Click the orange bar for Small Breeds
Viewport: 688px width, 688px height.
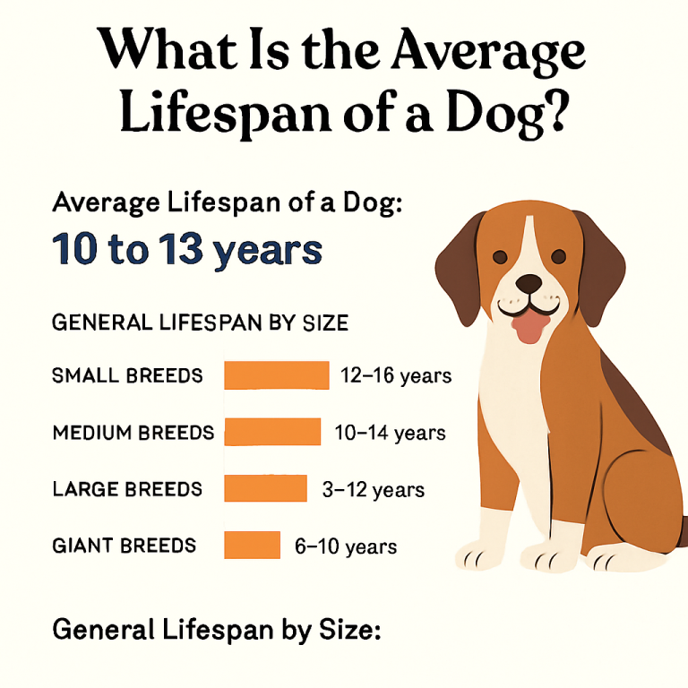tap(276, 374)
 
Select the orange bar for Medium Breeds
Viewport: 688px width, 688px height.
tap(271, 432)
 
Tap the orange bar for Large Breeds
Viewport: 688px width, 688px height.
tap(265, 488)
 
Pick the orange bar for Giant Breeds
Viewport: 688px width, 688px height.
tap(252, 545)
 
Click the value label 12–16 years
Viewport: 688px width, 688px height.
tap(396, 375)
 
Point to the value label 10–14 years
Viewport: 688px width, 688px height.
tap(390, 433)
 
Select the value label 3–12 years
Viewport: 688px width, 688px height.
tap(373, 489)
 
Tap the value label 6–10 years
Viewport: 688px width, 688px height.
tap(346, 546)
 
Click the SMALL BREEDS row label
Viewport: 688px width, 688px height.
tap(128, 375)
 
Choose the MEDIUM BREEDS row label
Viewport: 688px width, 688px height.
tap(133, 433)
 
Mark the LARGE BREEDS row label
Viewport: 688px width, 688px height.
tap(128, 489)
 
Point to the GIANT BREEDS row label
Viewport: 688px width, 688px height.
tap(125, 546)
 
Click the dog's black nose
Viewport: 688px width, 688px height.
tap(529, 284)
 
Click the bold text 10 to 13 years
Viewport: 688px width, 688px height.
tap(187, 249)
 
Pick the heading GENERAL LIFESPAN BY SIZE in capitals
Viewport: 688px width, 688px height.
tap(201, 322)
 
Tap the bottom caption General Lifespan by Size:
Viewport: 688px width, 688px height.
tap(217, 630)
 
